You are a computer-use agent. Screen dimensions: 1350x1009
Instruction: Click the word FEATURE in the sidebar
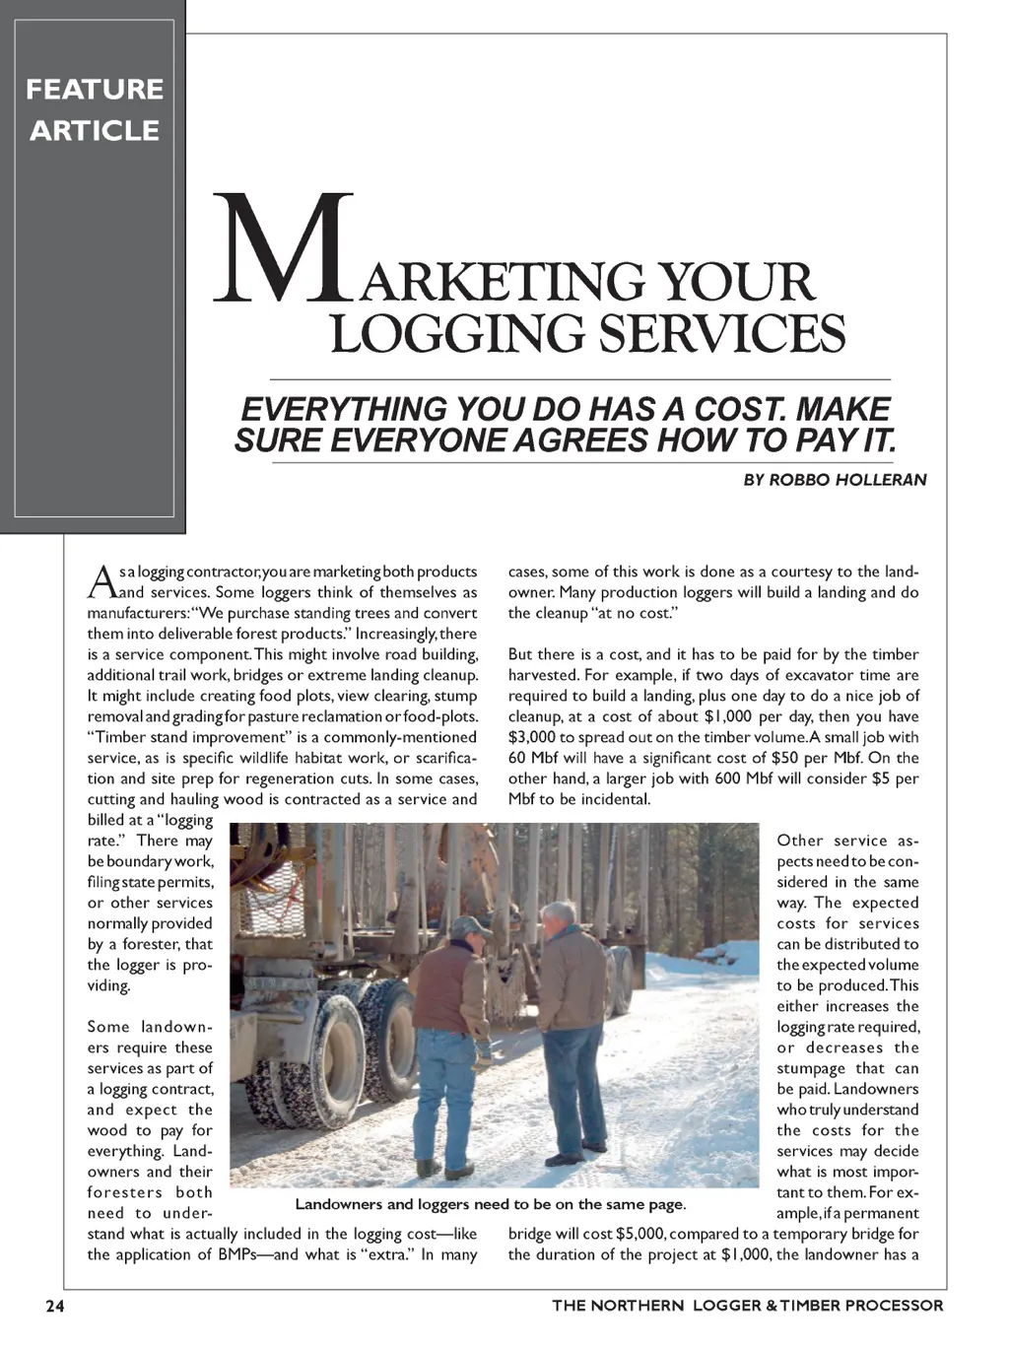(95, 89)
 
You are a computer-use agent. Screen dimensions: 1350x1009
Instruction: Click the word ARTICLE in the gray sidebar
(95, 130)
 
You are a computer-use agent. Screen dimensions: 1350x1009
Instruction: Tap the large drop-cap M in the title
(284, 248)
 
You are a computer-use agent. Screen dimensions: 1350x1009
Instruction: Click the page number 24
(55, 1306)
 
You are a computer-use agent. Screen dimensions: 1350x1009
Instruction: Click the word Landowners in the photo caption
(340, 1204)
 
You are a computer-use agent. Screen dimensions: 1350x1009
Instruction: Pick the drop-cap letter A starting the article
(101, 581)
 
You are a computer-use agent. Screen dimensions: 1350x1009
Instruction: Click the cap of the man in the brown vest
(469, 926)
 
